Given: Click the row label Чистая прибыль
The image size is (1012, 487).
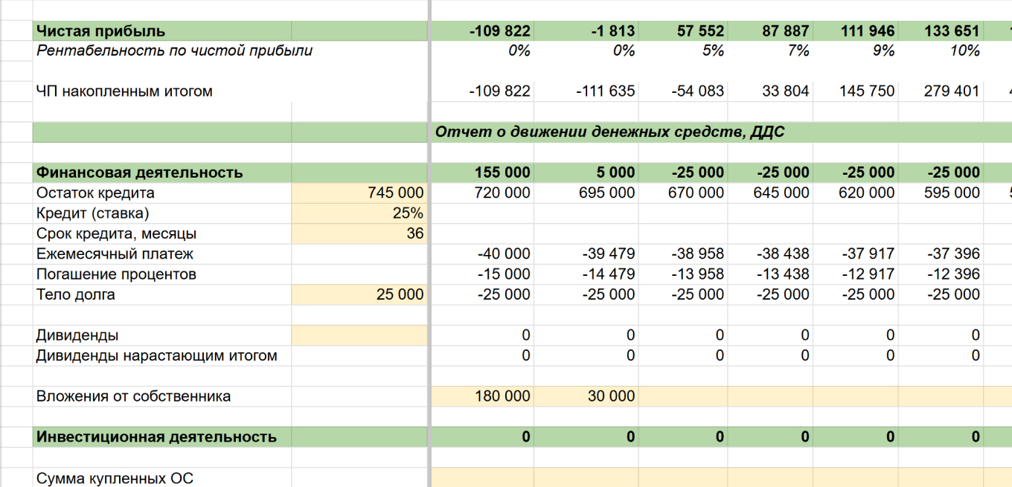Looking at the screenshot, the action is tap(100, 31).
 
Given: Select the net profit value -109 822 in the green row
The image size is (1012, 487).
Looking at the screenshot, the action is tap(500, 31).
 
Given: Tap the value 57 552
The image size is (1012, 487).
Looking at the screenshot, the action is tap(700, 31).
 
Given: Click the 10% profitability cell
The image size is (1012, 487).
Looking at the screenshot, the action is tap(964, 51).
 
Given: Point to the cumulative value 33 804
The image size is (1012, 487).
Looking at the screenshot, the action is tap(785, 91).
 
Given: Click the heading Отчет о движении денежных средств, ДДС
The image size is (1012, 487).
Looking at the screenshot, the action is tap(609, 132).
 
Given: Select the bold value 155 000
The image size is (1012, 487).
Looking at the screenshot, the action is tap(502, 172).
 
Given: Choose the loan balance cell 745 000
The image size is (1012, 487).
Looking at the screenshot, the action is tap(395, 193).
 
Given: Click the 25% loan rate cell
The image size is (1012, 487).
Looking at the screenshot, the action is tap(408, 213).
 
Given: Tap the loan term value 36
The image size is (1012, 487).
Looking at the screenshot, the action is tap(414, 233).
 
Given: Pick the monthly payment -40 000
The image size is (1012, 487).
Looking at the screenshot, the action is tap(504, 254).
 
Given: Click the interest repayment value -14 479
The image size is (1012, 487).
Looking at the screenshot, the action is tap(608, 274).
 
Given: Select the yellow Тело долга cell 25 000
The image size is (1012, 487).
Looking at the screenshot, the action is tap(400, 294).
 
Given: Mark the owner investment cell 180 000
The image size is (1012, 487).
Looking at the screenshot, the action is tap(502, 396).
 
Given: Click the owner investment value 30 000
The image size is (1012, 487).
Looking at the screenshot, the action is tap(611, 396).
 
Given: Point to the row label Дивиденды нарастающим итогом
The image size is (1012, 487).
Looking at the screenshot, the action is tap(156, 355).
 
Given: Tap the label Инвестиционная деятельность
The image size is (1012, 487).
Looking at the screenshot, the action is tap(156, 437).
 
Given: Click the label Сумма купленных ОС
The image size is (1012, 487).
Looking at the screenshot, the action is tap(115, 478).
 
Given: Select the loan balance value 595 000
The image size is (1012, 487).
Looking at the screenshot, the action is tap(952, 193).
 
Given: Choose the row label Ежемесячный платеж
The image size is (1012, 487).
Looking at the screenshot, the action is tap(115, 254).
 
